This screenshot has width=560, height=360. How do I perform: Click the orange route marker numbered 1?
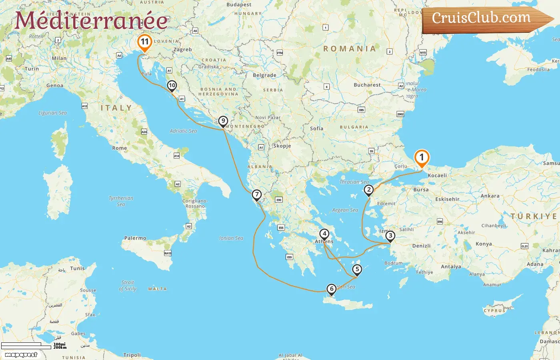click(x=421, y=158)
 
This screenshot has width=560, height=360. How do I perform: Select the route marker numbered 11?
click(x=144, y=42)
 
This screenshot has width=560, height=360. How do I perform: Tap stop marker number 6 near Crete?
click(x=331, y=289)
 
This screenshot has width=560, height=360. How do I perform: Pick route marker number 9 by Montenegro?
click(x=223, y=121)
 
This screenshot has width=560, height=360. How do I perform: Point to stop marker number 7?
click(x=257, y=195)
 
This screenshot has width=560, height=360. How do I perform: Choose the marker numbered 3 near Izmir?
click(x=390, y=236)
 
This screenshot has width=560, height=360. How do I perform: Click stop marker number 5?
click(x=357, y=269)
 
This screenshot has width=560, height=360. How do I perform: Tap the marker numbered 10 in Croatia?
click(x=172, y=85)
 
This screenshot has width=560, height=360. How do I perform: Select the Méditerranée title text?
click(x=91, y=20)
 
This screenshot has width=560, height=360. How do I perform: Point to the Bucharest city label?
click(x=367, y=85)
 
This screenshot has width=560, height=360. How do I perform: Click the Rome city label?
click(x=119, y=148)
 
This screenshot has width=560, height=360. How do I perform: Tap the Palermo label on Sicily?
click(x=135, y=238)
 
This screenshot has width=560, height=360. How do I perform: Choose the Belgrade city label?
click(x=264, y=75)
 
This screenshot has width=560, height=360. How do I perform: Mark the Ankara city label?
click(x=490, y=196)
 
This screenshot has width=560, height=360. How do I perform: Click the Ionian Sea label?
click(x=231, y=238)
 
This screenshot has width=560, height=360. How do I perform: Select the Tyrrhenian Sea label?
click(x=121, y=201)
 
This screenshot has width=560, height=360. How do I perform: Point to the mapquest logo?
click(x=21, y=355)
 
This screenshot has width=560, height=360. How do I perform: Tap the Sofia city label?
click(x=316, y=128)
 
